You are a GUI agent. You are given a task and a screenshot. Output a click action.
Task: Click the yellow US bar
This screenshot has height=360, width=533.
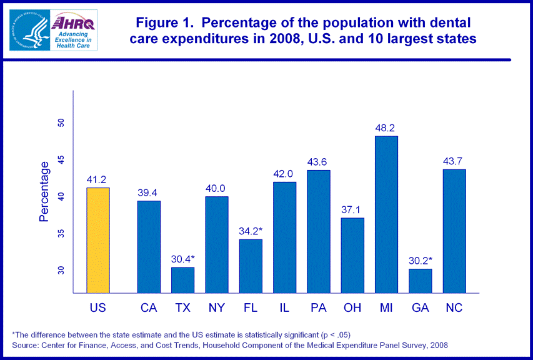click(x=98, y=240)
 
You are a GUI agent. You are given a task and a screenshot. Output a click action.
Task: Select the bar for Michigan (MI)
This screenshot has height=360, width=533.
click(x=386, y=214)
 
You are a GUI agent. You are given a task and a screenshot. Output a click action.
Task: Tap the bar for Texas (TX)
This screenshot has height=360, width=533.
click(x=183, y=280)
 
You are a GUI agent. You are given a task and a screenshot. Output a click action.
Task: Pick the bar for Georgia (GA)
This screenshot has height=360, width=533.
click(x=420, y=281)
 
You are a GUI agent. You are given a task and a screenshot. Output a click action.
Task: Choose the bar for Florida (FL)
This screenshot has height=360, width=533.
click(x=251, y=266)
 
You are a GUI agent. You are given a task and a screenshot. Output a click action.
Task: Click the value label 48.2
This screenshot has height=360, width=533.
click(x=386, y=127)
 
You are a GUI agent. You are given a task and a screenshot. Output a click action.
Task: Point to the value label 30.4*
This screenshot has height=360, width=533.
click(x=183, y=259)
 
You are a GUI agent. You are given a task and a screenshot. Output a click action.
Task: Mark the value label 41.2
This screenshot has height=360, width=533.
click(x=98, y=179)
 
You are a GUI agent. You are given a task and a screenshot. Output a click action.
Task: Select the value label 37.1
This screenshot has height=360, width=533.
click(x=352, y=209)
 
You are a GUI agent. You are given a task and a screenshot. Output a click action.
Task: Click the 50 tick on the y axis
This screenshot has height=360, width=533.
click(x=61, y=122)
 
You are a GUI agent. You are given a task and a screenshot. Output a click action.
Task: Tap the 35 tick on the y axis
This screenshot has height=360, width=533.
click(x=61, y=233)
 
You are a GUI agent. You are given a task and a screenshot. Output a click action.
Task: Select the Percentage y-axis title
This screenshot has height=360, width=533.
click(x=44, y=192)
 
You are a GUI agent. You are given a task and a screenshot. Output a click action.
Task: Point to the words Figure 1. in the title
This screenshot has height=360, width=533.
click(x=164, y=23)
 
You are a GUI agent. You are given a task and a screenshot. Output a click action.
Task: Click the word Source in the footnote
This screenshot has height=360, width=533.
click(x=25, y=345)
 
